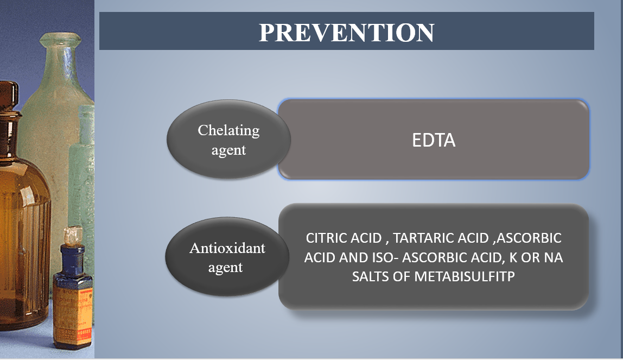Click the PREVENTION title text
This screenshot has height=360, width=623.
click(x=346, y=33)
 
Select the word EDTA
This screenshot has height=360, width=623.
click(x=434, y=140)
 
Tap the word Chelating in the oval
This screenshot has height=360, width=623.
click(x=228, y=130)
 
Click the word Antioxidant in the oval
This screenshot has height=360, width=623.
click(x=227, y=248)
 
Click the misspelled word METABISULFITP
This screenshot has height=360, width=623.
click(x=465, y=276)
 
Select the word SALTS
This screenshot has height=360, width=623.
click(x=370, y=276)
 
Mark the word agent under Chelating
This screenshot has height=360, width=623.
click(x=228, y=150)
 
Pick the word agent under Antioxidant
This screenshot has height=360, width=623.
click(x=225, y=268)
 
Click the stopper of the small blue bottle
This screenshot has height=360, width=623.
click(x=73, y=236)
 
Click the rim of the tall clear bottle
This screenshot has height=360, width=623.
click(x=60, y=40)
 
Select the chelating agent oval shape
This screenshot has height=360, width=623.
click(x=228, y=138)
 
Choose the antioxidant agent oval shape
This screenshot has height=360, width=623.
click(x=227, y=256)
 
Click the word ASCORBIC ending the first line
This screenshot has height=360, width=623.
click(x=529, y=238)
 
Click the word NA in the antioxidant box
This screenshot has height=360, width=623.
click(x=554, y=257)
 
